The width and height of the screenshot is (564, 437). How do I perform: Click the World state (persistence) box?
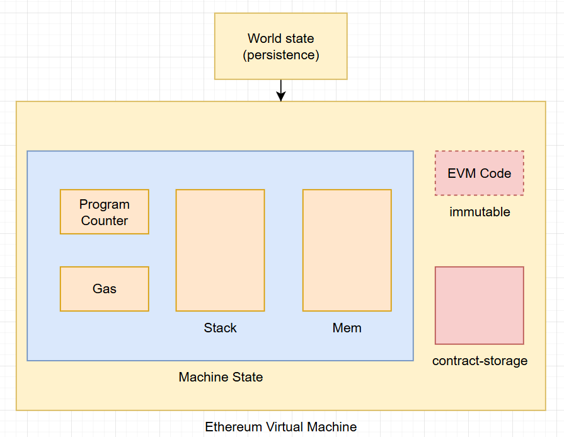tap(280, 47)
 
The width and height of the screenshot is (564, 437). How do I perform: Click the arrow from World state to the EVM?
tap(281, 90)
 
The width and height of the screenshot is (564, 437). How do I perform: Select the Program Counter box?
tap(105, 212)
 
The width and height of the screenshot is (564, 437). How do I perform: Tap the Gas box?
tap(105, 289)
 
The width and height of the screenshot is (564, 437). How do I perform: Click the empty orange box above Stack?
tap(220, 250)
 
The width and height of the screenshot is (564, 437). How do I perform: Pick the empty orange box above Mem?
tap(347, 250)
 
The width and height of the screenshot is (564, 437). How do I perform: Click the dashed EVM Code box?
tap(480, 173)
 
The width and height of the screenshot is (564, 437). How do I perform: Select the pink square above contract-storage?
tap(480, 305)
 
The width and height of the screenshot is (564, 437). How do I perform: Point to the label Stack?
tap(221, 328)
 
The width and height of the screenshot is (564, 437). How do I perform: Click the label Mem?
tap(347, 328)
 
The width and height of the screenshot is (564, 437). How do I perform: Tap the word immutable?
tap(480, 212)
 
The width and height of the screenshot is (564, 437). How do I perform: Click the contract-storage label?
tap(480, 361)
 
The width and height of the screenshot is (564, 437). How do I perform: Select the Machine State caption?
tap(221, 377)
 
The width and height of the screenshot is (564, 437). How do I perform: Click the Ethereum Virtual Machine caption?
tap(281, 427)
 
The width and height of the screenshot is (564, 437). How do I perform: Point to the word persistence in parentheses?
tap(281, 55)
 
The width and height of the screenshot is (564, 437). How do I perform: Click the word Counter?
tap(105, 221)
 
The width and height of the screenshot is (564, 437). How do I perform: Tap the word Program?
tap(105, 204)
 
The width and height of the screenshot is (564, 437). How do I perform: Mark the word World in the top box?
tap(263, 38)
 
